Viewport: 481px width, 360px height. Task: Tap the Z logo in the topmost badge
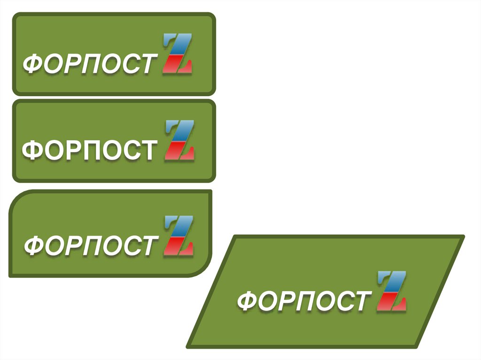[x=178, y=54]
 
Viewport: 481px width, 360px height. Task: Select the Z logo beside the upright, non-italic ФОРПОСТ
[x=179, y=140]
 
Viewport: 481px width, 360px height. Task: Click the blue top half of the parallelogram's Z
[x=394, y=281]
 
